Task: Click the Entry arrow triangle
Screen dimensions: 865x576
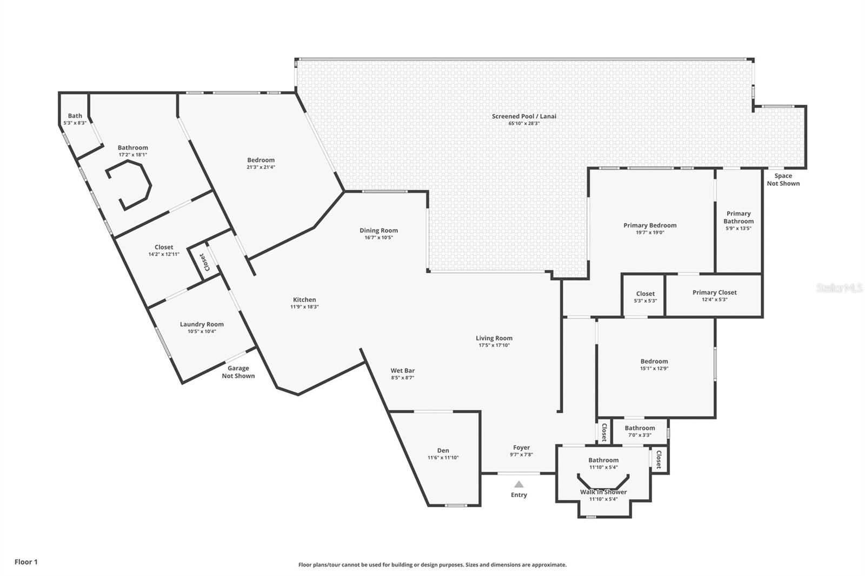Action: pos(519,484)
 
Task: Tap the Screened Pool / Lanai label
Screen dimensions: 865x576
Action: pos(524,116)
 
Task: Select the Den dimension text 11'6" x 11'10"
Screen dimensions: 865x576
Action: pos(443,458)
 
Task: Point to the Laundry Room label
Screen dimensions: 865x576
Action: pos(202,324)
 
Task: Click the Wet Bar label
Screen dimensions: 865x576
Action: pos(403,371)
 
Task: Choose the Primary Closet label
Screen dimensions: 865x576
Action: pos(714,293)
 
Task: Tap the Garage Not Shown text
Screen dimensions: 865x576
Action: pos(238,372)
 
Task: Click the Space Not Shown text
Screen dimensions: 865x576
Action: pos(783,179)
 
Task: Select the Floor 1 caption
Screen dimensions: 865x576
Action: pos(26,562)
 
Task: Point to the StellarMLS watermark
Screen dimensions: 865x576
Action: pos(839,287)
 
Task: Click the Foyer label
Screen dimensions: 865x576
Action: pos(521,447)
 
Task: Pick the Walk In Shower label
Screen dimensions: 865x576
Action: pos(603,492)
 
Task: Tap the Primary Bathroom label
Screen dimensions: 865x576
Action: pos(738,217)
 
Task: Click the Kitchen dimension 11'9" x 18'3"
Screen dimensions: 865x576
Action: pos(304,307)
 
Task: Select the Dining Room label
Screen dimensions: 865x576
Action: pos(378,231)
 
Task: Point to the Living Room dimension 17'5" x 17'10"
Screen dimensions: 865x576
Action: pos(494,345)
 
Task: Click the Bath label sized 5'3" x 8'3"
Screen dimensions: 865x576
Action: pos(75,116)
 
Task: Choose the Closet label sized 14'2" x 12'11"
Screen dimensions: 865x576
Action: pos(164,247)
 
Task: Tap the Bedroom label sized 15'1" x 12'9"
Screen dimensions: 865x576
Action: pos(654,361)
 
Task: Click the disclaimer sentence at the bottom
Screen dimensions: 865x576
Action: pos(432,565)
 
